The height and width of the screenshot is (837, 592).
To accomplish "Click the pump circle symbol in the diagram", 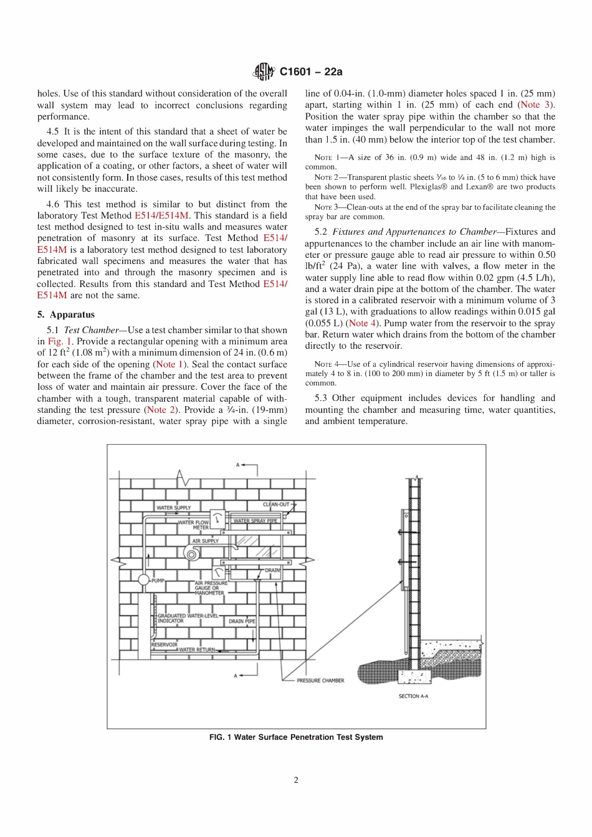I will [143, 580].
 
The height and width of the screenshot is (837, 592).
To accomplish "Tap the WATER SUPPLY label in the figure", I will [173, 508].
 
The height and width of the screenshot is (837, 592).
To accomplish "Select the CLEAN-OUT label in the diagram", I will [276, 504].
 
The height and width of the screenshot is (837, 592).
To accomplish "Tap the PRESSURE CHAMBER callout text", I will [320, 681].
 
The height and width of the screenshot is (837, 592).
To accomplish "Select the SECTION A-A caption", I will [413, 696].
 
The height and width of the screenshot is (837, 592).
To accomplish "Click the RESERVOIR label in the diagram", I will [164, 645].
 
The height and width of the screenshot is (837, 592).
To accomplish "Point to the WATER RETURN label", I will [197, 650].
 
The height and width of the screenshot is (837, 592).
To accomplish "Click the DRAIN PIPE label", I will [242, 621].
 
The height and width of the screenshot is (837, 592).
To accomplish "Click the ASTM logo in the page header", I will [264, 72].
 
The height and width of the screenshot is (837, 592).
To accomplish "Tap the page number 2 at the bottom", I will [296, 780].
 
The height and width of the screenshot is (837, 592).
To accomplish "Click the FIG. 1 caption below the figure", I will [296, 737].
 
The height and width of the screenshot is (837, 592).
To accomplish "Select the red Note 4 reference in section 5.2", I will [362, 323].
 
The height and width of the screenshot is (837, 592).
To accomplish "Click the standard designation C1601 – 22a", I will [311, 72].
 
